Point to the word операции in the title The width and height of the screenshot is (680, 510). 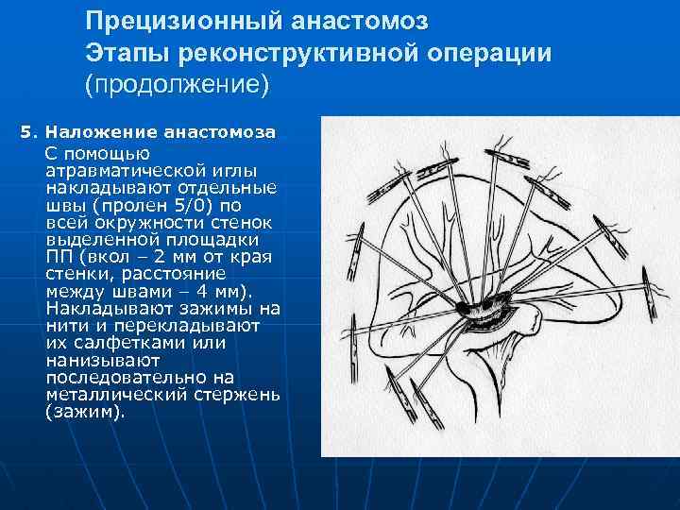pyautogui.click(x=490, y=52)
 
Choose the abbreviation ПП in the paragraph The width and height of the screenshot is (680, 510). pyautogui.click(x=57, y=256)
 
